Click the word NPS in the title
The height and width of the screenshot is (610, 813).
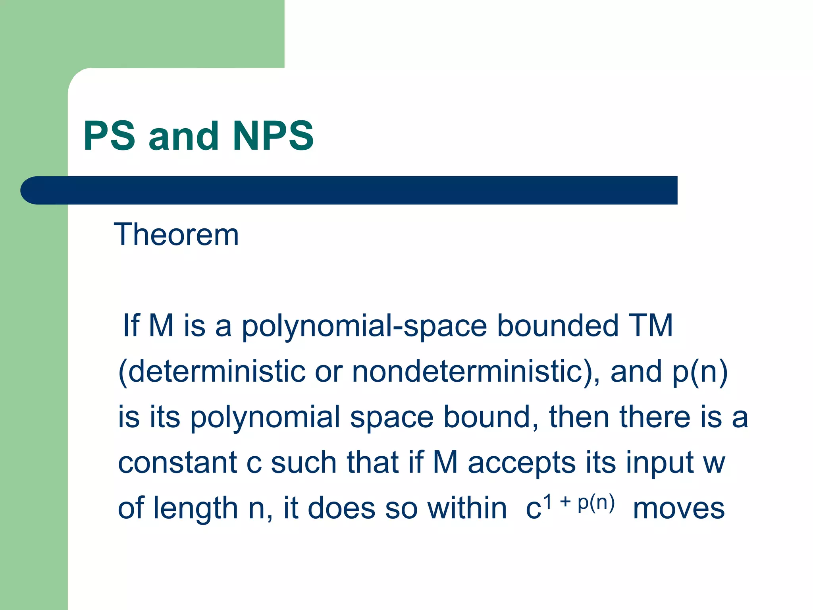[x=274, y=136]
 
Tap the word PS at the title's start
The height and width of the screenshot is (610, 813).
[x=110, y=136]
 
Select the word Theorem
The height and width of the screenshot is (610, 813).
[x=176, y=235]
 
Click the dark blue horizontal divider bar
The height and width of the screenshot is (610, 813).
[x=349, y=190]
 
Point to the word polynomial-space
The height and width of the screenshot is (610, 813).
[x=364, y=326]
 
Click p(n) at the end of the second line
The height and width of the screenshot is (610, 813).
[x=700, y=373]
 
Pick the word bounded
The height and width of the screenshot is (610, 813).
[x=558, y=326]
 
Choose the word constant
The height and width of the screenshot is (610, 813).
[x=177, y=463]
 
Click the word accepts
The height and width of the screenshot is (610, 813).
[x=522, y=463]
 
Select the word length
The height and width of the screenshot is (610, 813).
[x=195, y=509]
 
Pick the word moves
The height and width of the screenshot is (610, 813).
[x=678, y=509]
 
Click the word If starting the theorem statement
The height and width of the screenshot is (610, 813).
[x=131, y=326]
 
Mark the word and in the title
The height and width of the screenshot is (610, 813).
[x=183, y=136]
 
